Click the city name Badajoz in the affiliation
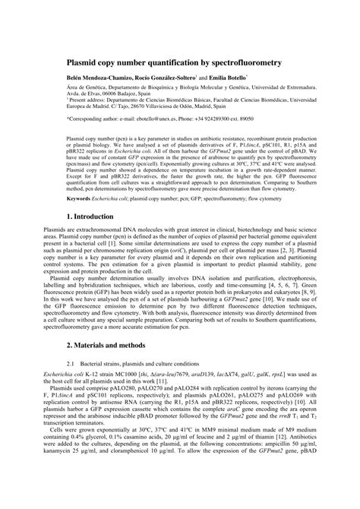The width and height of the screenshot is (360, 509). [136, 98]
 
